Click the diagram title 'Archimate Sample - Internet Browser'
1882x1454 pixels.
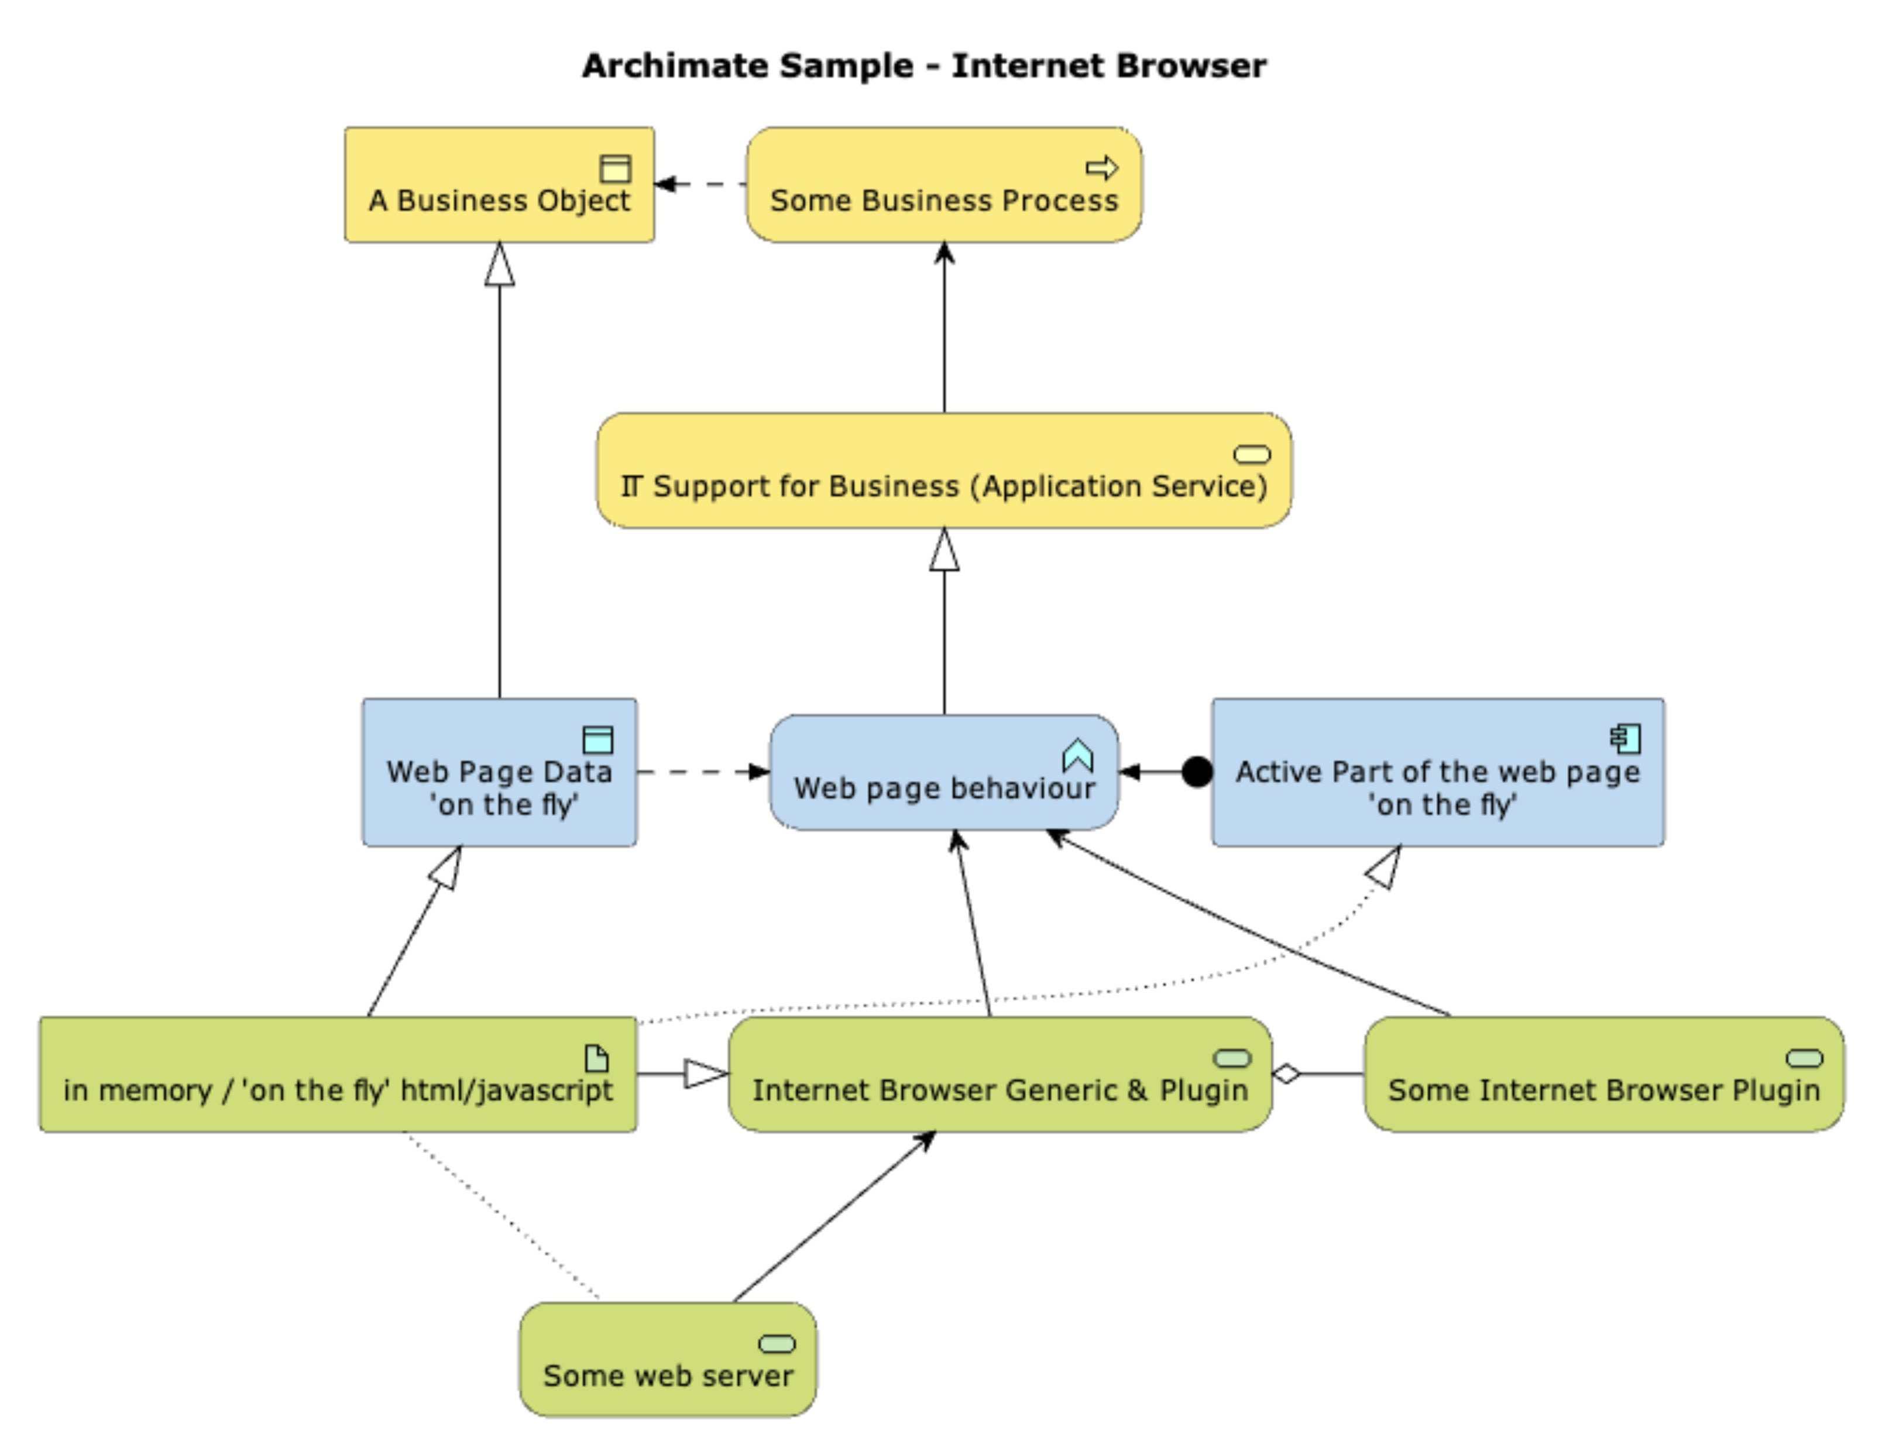click(x=924, y=66)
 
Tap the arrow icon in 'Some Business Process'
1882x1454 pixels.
click(x=1101, y=167)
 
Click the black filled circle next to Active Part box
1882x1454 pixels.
click(x=1196, y=772)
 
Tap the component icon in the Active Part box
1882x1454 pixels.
click(x=1625, y=739)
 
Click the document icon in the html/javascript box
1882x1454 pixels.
click(x=596, y=1058)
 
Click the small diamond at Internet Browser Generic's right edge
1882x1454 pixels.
click(x=1286, y=1074)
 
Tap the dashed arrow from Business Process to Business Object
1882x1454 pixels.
click(x=700, y=184)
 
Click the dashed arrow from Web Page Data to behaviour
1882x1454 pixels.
click(x=702, y=771)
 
